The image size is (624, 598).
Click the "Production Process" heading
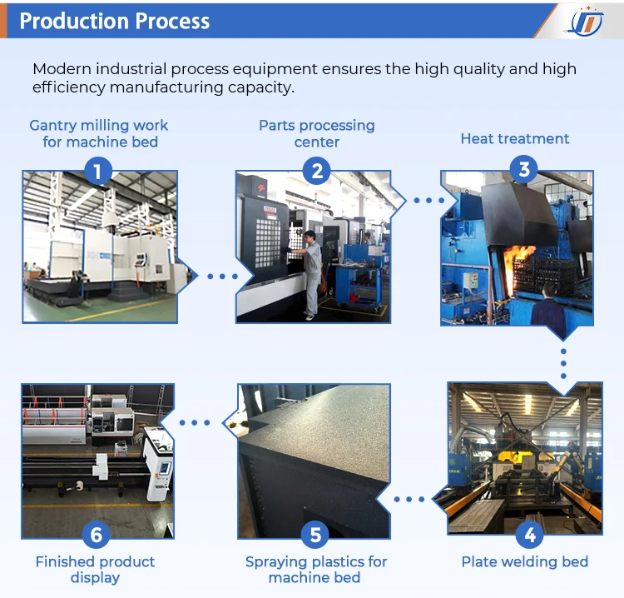(x=115, y=21)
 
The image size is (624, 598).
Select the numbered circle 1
(x=98, y=172)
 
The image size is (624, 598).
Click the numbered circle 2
(x=316, y=172)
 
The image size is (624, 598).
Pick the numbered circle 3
(x=524, y=170)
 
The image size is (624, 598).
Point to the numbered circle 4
(x=530, y=534)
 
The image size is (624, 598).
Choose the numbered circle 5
(x=314, y=534)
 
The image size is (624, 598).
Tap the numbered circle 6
(x=96, y=534)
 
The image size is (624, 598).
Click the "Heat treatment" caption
(x=515, y=138)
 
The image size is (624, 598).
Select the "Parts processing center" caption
(x=316, y=133)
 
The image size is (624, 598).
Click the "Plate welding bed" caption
(x=524, y=561)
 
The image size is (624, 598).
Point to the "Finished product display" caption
(x=95, y=570)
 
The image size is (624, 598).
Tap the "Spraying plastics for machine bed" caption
(x=316, y=570)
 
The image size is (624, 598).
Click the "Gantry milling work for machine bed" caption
(x=99, y=133)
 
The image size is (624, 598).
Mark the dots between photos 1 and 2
(x=222, y=276)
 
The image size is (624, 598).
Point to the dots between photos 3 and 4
(x=563, y=364)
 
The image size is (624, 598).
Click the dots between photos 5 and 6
(x=195, y=422)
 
